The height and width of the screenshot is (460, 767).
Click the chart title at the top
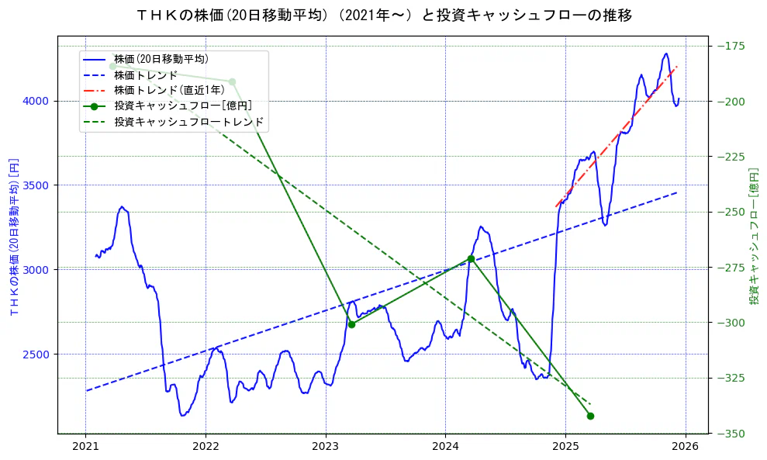pos(383,15)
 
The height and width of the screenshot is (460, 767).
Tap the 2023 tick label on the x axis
pos(325,448)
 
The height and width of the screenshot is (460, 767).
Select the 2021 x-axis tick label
pos(85,448)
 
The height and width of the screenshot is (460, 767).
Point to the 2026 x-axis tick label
pos(685,448)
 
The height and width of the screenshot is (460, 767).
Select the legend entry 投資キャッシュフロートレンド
pos(188,122)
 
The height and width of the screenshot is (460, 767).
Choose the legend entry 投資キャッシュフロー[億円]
pos(182,106)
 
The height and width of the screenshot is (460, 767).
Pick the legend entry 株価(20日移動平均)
pos(161,59)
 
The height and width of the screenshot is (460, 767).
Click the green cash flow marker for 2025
pos(590,416)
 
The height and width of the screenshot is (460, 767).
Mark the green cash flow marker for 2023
pos(351,324)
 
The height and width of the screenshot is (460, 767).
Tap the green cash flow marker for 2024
pos(471,258)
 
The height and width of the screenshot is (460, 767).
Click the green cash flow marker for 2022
pos(232,81)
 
